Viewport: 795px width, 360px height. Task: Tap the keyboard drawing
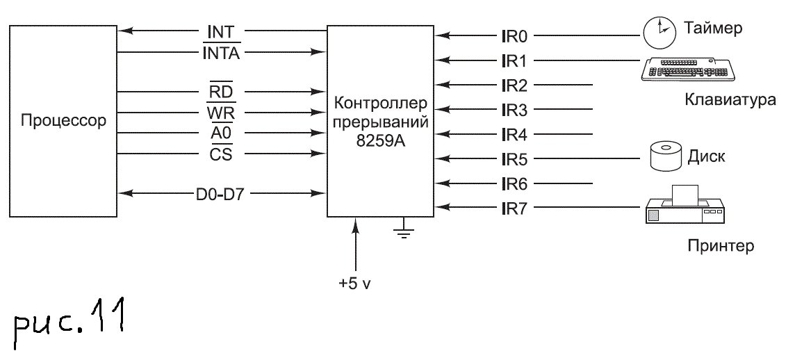(x=688, y=69)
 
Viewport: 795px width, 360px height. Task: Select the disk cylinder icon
(x=665, y=156)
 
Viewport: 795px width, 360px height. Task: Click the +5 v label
(x=354, y=284)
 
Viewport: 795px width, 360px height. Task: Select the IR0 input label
(x=515, y=35)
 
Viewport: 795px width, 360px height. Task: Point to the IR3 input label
(x=515, y=110)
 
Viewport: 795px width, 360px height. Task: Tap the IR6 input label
(x=515, y=184)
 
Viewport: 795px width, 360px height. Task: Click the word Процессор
(x=63, y=121)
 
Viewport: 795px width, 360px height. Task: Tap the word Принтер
(x=721, y=245)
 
